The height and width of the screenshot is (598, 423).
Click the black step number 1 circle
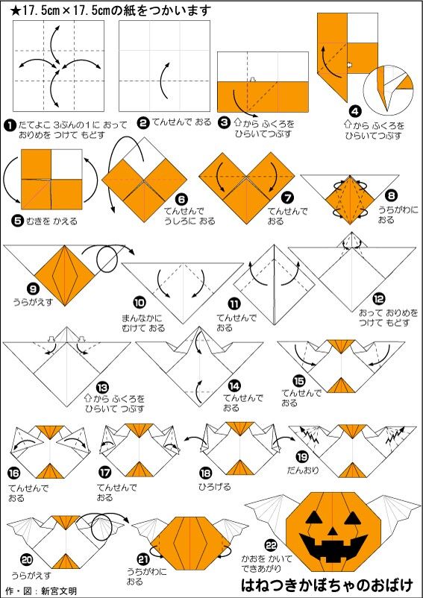pos(8,124)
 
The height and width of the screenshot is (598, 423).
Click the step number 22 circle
pos(271,547)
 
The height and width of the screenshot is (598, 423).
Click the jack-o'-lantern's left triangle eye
pos(313,517)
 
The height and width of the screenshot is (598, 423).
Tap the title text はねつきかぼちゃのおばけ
pos(328,585)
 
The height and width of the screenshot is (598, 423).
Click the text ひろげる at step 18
pos(215,487)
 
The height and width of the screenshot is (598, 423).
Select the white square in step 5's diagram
pos(66,164)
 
